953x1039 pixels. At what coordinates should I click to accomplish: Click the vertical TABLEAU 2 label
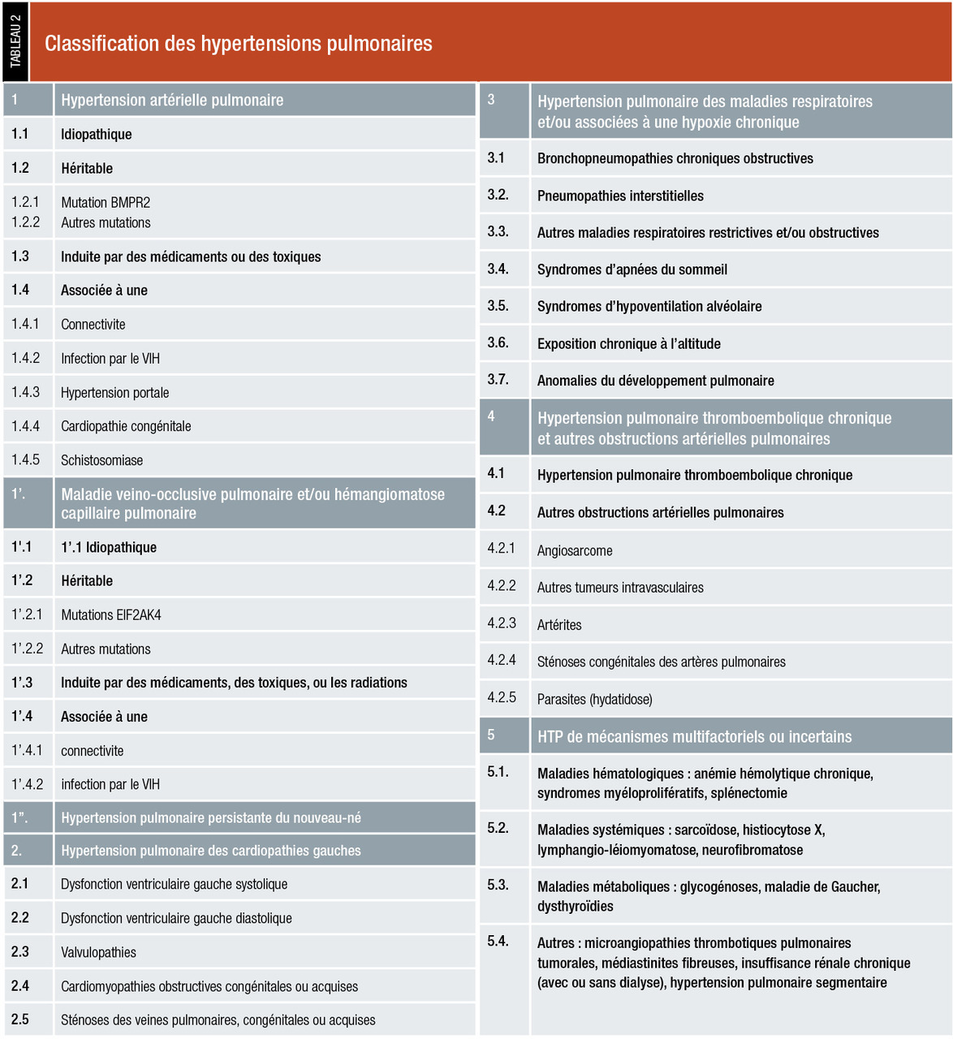tap(15, 41)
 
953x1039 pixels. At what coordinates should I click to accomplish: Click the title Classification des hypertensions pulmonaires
tap(238, 43)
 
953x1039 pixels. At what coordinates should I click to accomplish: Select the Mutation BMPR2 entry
tap(106, 202)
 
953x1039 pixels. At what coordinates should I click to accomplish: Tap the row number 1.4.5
tap(26, 459)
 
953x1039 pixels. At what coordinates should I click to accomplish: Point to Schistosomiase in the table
tap(101, 460)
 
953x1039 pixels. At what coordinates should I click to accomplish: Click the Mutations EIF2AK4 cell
tap(111, 614)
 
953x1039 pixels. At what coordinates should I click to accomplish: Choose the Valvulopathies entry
tap(98, 952)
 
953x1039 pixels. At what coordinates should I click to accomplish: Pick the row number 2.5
tap(20, 1020)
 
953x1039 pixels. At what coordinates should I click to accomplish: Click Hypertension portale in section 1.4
tap(115, 392)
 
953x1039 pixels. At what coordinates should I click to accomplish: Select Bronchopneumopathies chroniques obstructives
tap(675, 158)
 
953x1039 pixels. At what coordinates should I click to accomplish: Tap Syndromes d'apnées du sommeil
tap(632, 269)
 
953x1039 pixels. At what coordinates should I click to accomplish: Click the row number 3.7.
tap(498, 379)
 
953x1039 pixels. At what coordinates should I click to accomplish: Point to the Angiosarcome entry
tap(575, 550)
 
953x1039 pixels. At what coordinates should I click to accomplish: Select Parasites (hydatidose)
tap(594, 699)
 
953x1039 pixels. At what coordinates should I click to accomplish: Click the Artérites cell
tap(559, 624)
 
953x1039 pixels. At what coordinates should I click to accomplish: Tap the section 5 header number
tap(491, 735)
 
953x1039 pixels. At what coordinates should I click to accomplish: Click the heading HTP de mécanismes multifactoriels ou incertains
tap(694, 736)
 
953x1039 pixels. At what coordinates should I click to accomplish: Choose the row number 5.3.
tap(498, 884)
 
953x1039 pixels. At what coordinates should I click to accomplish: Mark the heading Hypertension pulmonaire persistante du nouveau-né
tap(211, 817)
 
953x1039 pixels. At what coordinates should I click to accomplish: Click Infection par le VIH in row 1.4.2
tap(110, 358)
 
